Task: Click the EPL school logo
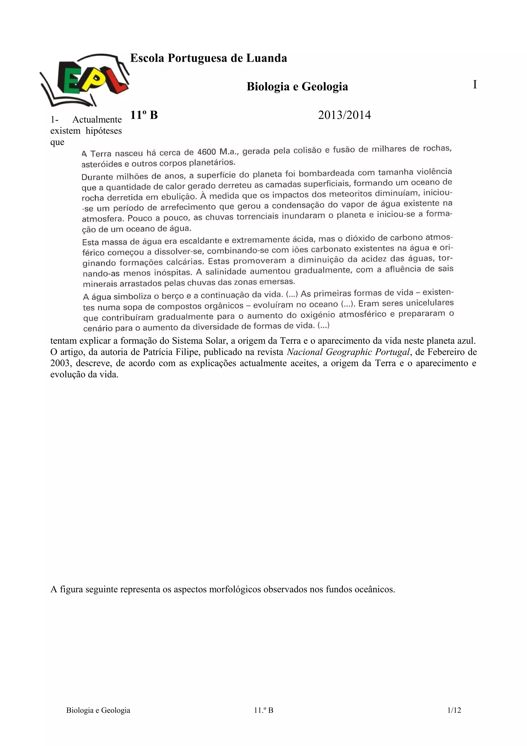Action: click(x=84, y=80)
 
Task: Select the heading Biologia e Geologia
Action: click(x=297, y=86)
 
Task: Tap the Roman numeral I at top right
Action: click(x=475, y=85)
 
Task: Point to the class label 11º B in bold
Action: click(x=144, y=115)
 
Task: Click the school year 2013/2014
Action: click(x=344, y=115)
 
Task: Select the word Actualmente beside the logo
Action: click(x=97, y=119)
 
